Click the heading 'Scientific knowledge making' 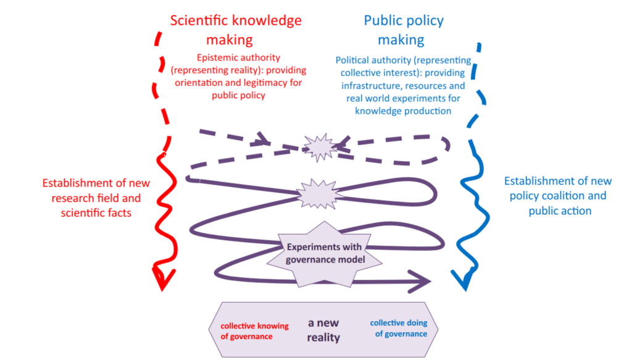pos(236,30)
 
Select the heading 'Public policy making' pos(403,30)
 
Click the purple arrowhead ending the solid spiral pos(426,282)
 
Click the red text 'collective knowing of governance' pos(247,330)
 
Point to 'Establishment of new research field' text pos(96,191)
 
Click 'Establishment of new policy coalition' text pos(558,188)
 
